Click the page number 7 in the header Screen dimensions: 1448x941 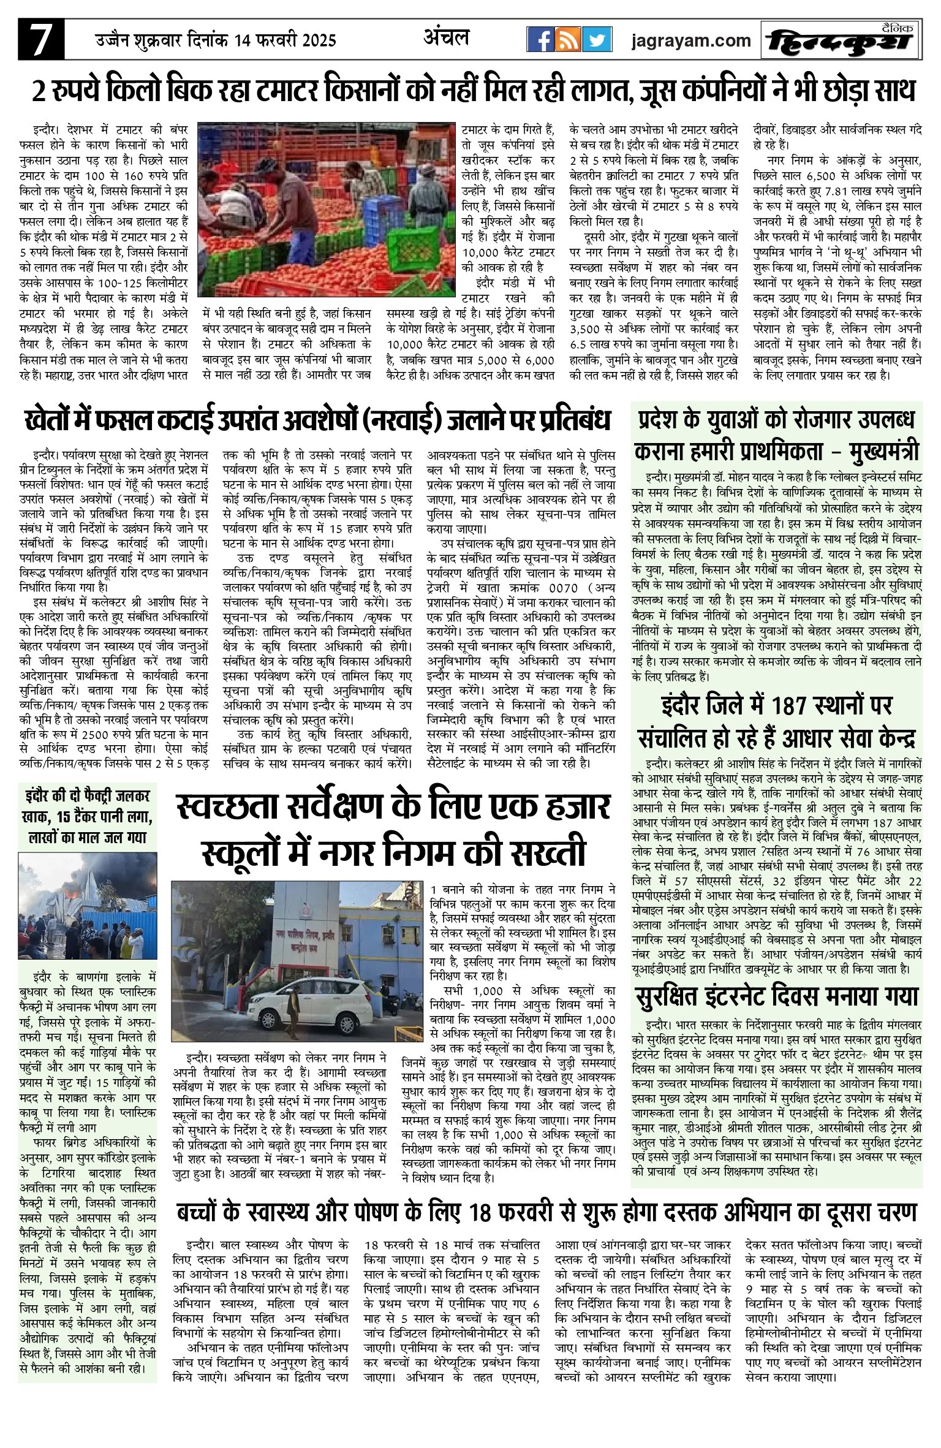[x=41, y=41]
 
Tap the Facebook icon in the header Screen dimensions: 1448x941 [x=540, y=40]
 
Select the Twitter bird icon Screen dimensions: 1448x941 [x=596, y=40]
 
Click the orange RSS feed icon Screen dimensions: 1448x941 [x=568, y=40]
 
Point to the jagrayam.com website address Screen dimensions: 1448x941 [x=691, y=41]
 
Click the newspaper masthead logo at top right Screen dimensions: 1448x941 [x=842, y=41]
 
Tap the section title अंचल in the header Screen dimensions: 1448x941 [x=446, y=39]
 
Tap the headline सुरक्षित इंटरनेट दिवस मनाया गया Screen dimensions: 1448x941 [x=777, y=997]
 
